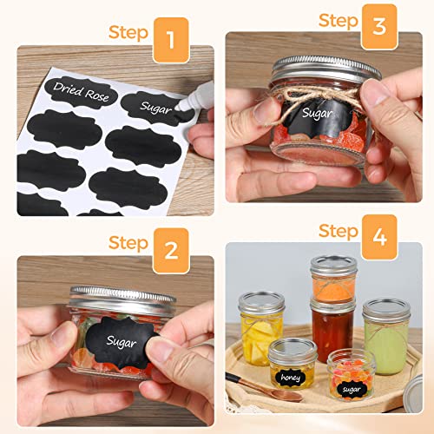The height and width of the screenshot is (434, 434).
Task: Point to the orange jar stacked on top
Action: pos(333,278)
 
